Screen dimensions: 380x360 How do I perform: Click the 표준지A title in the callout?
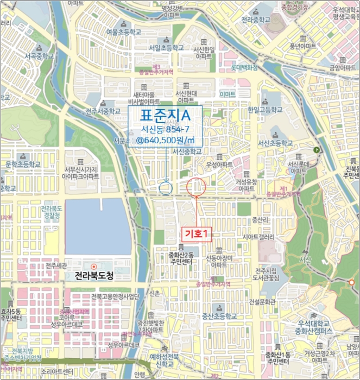pyautogui.click(x=165, y=116)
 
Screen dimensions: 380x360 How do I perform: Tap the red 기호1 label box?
pyautogui.click(x=197, y=232)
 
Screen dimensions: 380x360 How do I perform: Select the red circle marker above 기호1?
pyautogui.click(x=197, y=187)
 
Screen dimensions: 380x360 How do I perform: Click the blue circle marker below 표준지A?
pyautogui.click(x=166, y=188)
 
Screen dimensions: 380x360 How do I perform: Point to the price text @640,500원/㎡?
pyautogui.click(x=165, y=140)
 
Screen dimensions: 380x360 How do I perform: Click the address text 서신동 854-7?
pyautogui.click(x=165, y=129)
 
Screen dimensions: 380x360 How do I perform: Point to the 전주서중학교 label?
pyautogui.click(x=103, y=111)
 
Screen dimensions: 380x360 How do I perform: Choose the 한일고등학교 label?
pyautogui.click(x=265, y=109)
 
